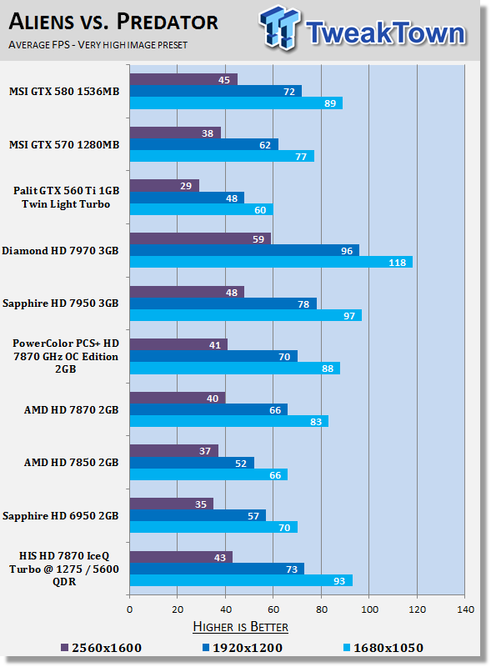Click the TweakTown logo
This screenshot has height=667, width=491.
(x=363, y=28)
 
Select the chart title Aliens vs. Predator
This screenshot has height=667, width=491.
(x=113, y=22)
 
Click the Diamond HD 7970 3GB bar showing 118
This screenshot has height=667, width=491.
(x=271, y=262)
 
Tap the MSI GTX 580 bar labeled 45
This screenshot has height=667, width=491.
(x=183, y=79)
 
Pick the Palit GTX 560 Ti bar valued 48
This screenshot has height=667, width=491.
(x=188, y=198)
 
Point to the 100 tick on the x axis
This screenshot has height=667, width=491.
(x=369, y=609)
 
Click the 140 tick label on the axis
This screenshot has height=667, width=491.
(x=465, y=609)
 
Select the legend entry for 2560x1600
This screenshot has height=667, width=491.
(x=101, y=648)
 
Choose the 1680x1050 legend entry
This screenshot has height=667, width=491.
(x=383, y=648)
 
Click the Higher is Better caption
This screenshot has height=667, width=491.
(x=240, y=627)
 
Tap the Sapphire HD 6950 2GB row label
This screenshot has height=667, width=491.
(x=60, y=516)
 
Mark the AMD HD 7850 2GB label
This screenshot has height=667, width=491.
(x=71, y=463)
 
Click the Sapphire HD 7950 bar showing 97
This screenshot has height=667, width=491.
(x=246, y=315)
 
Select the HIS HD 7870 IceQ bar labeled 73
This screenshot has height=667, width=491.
(x=217, y=569)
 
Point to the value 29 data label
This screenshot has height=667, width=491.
(x=186, y=186)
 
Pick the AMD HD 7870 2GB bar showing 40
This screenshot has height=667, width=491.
(x=178, y=398)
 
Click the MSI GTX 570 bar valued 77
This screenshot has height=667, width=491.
(x=222, y=156)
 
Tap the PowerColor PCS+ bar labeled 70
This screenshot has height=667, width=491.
(x=213, y=356)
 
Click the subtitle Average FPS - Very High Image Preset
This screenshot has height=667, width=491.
(x=98, y=45)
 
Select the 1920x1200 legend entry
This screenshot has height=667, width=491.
(x=243, y=648)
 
